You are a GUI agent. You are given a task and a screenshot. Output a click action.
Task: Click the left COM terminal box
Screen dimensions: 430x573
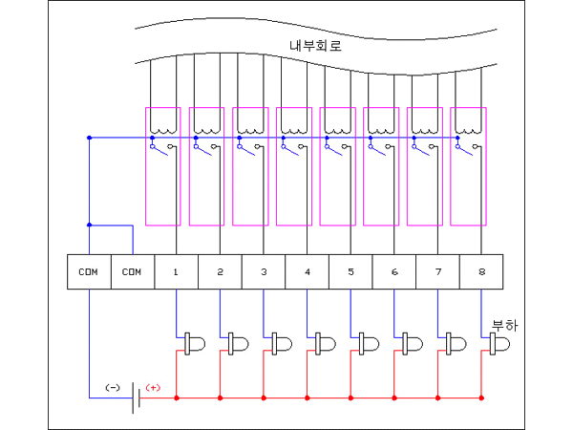89,271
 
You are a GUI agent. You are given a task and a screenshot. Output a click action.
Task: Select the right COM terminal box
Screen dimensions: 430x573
133,271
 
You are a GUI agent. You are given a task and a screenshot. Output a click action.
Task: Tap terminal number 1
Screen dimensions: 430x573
177,271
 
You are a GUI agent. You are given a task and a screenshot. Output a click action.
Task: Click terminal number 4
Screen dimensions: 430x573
308,271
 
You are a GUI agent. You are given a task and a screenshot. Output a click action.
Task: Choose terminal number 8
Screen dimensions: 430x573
482,271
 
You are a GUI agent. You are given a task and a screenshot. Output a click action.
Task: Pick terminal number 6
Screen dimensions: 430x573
394,271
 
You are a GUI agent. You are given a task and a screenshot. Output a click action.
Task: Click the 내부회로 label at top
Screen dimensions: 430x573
316,45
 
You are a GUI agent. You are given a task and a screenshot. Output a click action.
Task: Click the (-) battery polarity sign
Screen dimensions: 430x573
112,387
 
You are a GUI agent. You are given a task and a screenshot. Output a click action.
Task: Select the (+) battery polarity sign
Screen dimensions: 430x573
153,387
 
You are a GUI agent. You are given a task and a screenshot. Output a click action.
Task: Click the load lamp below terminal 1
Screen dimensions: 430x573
194,342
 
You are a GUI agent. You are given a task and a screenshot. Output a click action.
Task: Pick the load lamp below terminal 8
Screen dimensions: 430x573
499,342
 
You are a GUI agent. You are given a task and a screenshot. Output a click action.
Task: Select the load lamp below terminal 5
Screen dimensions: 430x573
369,342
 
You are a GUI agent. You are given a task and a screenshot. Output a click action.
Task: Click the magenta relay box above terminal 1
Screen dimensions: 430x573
162,166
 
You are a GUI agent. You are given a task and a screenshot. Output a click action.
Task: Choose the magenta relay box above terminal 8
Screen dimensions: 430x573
468,166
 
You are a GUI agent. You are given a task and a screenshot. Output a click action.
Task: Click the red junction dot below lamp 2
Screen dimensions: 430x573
220,397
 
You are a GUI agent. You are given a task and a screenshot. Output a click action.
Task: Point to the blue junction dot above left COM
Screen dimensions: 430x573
89,226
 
